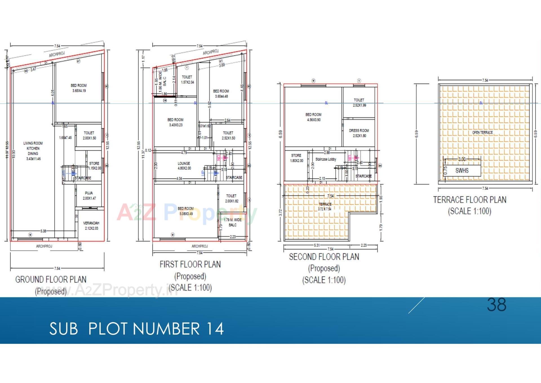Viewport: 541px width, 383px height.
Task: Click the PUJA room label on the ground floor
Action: click(89, 195)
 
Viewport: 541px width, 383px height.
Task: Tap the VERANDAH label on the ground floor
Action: click(91, 226)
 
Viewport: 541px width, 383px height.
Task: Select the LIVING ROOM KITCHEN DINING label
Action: click(33, 151)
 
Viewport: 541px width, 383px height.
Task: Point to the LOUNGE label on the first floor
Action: click(184, 166)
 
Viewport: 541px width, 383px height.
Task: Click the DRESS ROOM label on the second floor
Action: click(359, 133)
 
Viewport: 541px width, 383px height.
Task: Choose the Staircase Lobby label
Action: click(326, 159)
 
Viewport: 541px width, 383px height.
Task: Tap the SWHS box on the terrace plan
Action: click(462, 170)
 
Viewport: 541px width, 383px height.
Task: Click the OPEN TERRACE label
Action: click(482, 132)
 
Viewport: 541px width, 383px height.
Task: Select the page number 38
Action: click(496, 305)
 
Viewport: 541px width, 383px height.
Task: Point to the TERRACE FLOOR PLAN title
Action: click(469, 200)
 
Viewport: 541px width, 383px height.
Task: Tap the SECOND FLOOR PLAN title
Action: click(324, 257)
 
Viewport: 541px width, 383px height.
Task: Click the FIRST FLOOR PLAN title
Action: click(190, 264)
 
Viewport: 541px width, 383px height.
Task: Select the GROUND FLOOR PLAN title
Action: click(51, 279)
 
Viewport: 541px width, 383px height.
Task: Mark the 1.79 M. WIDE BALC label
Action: click(232, 222)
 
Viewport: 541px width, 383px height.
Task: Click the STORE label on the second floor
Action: click(296, 158)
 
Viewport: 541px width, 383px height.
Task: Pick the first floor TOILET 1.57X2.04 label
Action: click(187, 79)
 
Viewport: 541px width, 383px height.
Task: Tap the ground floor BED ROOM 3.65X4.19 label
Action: click(79, 88)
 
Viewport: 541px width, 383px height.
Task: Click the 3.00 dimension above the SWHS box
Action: click(462, 159)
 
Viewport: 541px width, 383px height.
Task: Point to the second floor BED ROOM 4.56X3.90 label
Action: click(313, 117)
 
